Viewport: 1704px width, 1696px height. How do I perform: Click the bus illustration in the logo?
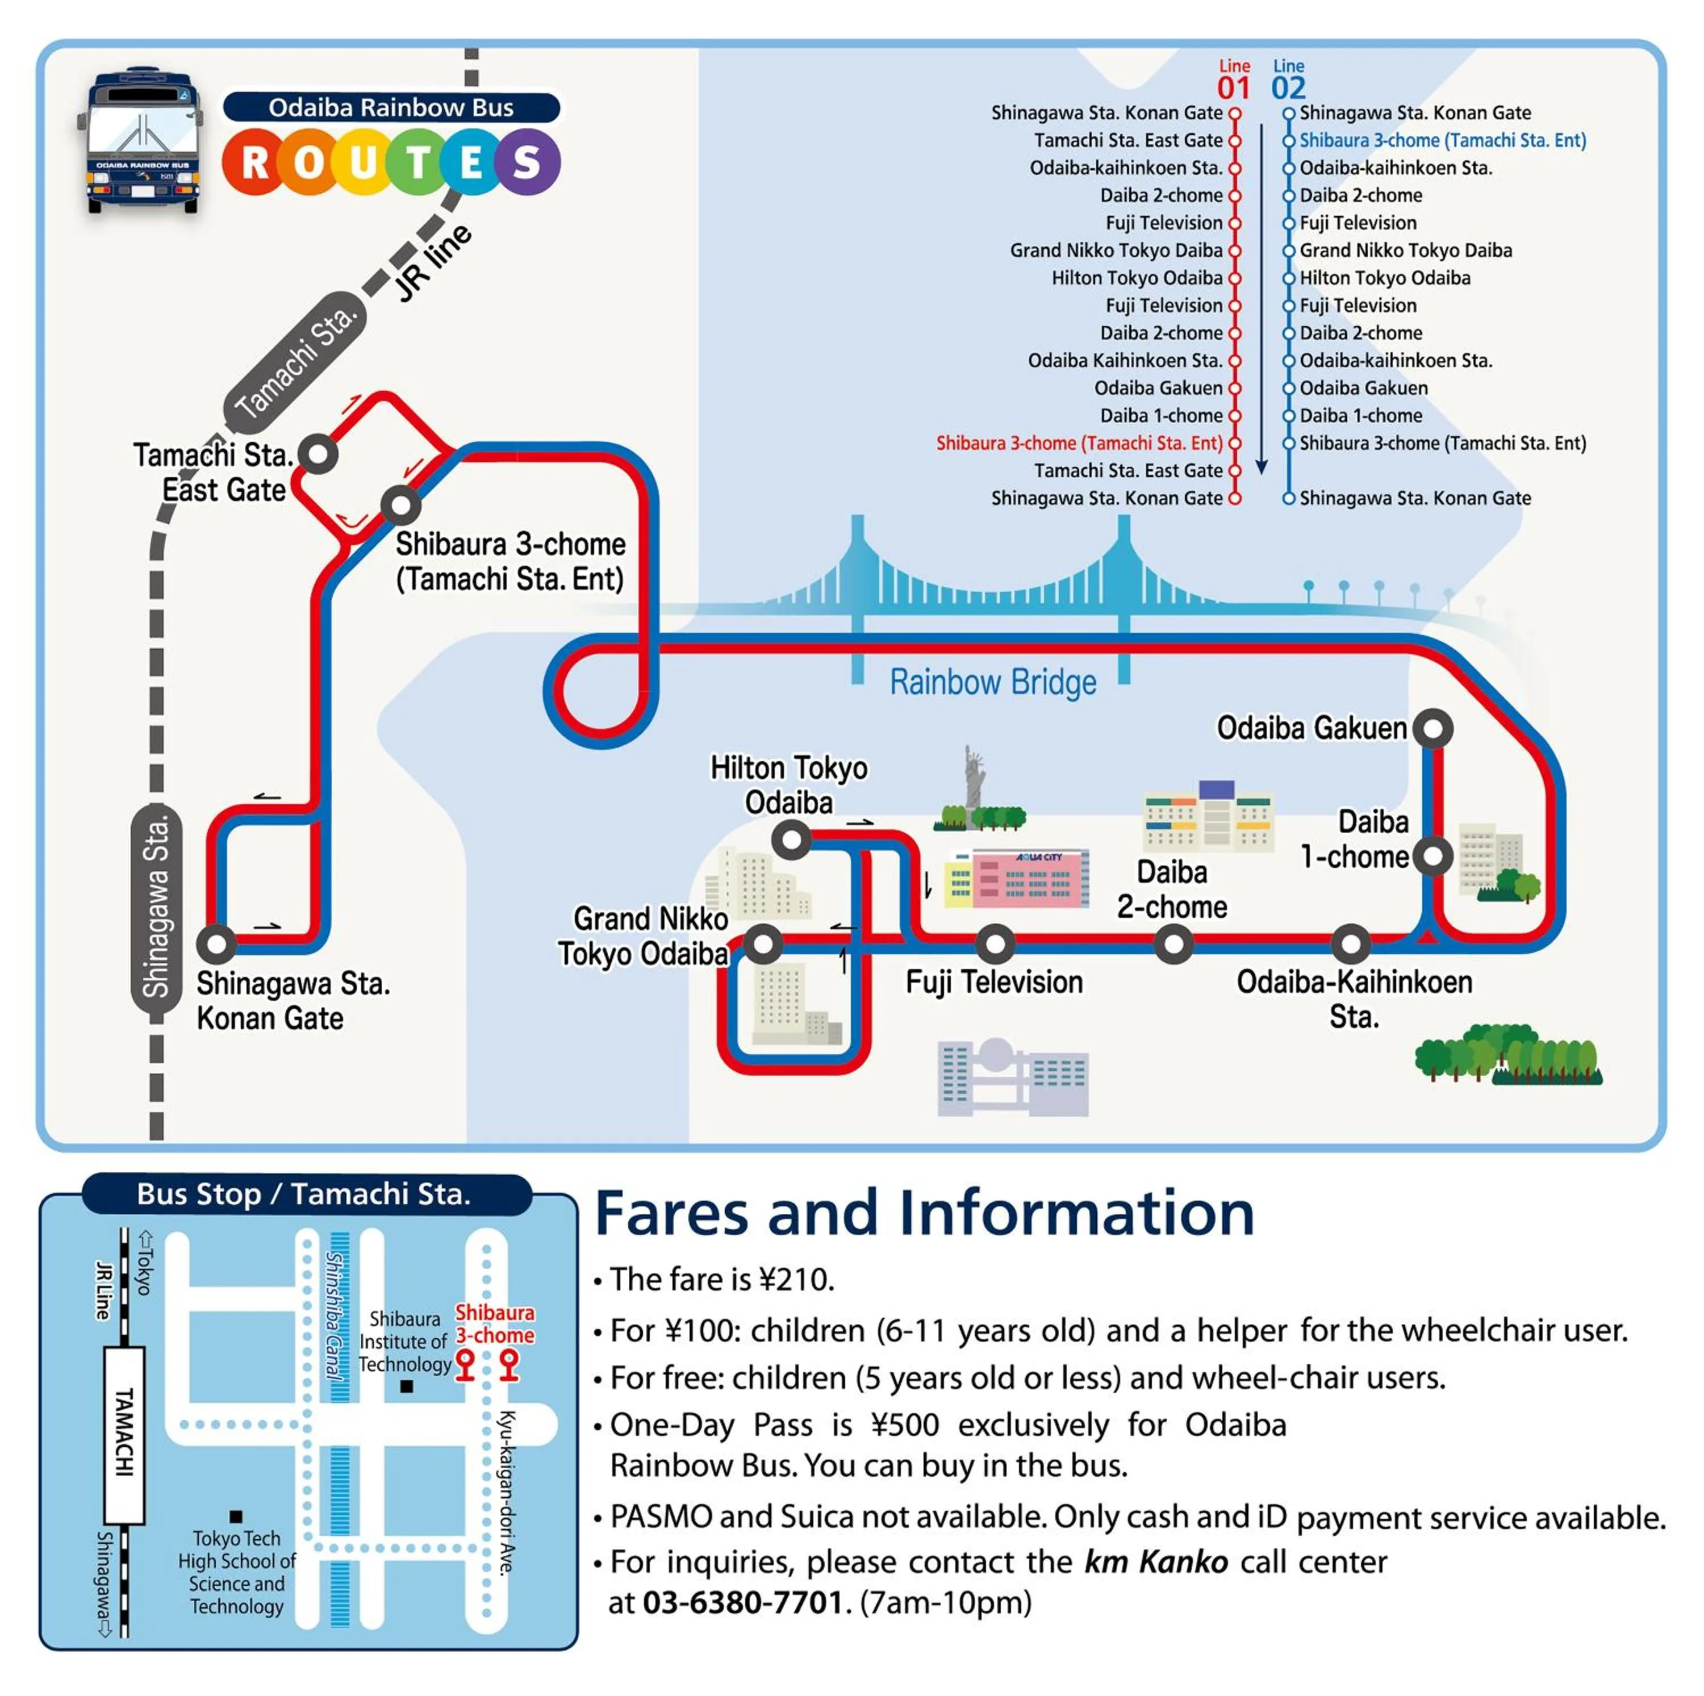coord(144,141)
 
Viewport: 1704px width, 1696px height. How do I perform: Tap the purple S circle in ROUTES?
coord(527,162)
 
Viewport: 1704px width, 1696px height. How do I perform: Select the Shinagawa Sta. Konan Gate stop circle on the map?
coord(216,943)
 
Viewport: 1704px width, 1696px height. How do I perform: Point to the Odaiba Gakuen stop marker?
coord(1432,729)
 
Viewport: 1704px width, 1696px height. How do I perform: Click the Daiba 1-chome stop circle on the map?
coord(1432,855)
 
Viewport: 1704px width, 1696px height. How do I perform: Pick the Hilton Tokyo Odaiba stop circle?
coord(791,839)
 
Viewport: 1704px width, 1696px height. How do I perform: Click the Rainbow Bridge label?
coord(992,682)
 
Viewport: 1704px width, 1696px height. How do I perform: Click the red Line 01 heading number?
coord(1233,88)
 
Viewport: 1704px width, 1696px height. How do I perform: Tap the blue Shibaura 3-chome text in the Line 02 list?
coord(1442,140)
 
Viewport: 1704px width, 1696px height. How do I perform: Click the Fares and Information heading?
coord(924,1214)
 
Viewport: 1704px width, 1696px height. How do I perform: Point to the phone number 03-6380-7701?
coord(742,1602)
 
